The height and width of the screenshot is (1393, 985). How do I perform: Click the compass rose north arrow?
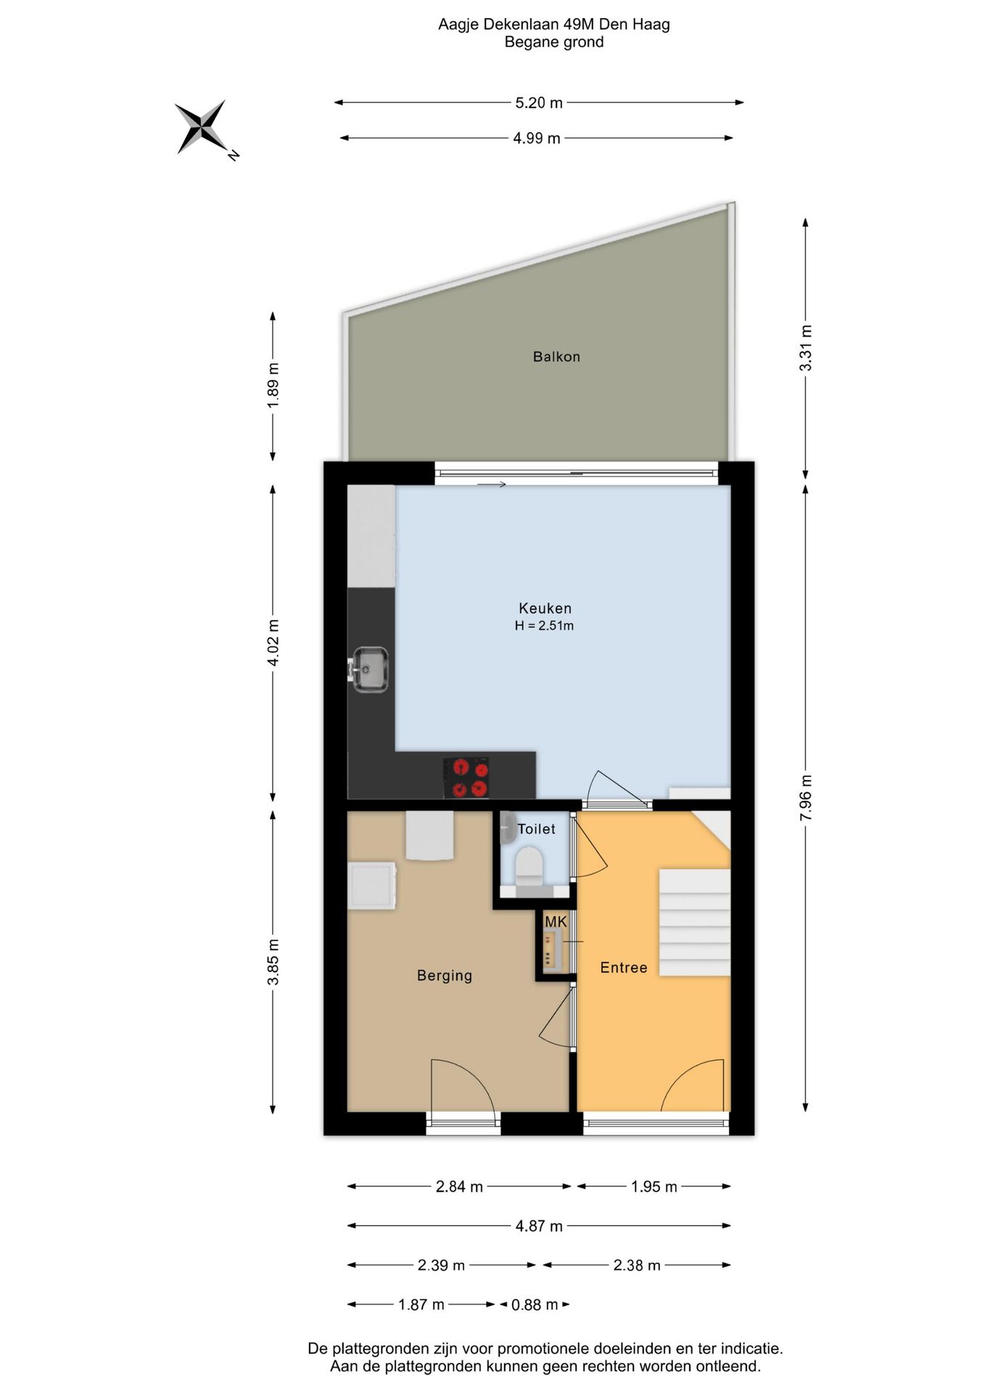coord(200,127)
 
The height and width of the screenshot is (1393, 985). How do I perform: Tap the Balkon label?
coord(556,356)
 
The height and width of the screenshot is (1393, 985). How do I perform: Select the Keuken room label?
coord(545,608)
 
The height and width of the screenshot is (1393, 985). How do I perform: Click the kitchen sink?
coord(369,669)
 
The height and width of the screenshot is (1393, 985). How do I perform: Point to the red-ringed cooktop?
coord(466,778)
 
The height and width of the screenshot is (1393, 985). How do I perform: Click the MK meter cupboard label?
coord(556,921)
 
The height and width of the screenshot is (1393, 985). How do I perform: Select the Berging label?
coord(445,976)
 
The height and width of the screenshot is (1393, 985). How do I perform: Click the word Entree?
coord(624,967)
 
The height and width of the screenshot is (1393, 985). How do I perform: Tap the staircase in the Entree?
coord(694,922)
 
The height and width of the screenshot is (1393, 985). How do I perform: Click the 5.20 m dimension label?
coord(539,103)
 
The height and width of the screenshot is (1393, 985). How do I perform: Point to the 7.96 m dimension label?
coord(806,798)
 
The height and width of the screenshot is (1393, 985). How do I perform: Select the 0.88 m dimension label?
coord(535,1304)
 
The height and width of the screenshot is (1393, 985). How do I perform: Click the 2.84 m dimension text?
coord(459,1186)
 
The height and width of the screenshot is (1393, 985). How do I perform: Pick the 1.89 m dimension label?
coord(273,385)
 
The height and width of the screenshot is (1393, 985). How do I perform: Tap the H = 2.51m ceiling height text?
coord(544,625)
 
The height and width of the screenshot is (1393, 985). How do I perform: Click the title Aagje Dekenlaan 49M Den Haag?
coord(554,25)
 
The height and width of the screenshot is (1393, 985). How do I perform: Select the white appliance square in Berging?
coord(371,885)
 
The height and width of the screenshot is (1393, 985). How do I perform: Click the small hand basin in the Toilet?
coord(508,829)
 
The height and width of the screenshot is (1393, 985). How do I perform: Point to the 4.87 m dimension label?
coord(539,1226)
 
